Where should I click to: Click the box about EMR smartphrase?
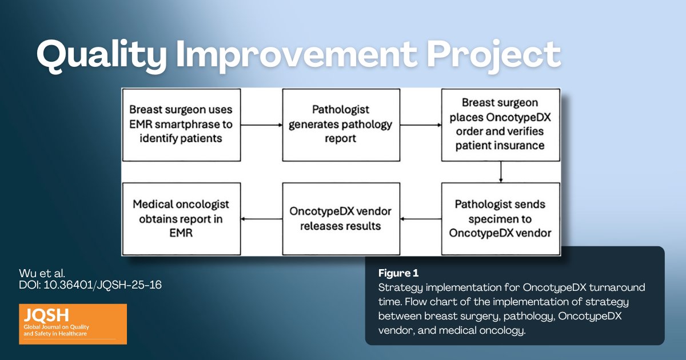(x=181, y=125)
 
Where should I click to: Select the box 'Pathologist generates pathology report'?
(x=341, y=125)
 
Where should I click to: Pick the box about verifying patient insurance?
(x=501, y=125)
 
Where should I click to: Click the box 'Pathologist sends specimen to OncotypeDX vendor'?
(x=501, y=219)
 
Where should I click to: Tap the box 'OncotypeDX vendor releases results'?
(x=341, y=219)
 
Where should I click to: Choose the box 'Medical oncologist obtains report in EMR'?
(x=181, y=219)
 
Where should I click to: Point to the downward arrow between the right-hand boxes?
(x=501, y=171)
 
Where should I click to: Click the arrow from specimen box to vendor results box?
(x=421, y=219)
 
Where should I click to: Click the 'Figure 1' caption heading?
(x=394, y=273)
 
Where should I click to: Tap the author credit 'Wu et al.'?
(x=38, y=273)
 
